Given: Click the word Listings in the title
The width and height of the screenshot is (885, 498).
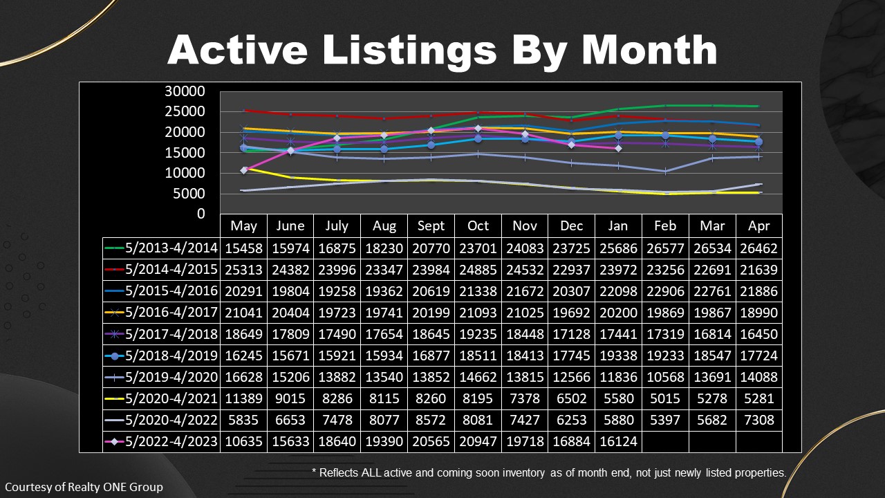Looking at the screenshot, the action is tap(409, 51).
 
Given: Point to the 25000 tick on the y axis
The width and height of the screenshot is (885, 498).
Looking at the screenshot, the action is tap(185, 111).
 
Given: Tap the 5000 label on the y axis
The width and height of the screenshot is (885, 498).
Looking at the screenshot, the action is tap(189, 194).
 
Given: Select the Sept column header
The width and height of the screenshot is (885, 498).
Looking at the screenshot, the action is tap(431, 225).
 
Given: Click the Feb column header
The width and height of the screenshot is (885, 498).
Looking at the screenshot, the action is tap(665, 225).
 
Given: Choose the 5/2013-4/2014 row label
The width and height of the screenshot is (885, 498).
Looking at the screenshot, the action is tap(171, 248).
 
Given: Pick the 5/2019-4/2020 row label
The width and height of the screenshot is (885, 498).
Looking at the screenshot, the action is tap(171, 377).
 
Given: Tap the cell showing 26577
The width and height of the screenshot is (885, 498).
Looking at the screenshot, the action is tap(665, 248).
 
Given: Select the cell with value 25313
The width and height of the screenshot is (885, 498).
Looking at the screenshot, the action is tap(243, 270).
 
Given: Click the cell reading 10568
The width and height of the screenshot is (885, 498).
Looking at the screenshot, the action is tap(665, 377).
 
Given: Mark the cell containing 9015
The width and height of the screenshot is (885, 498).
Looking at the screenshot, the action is tap(290, 398).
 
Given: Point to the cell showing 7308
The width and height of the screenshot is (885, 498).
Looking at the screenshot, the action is tap(759, 420).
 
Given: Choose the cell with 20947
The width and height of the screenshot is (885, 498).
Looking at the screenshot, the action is tap(478, 441).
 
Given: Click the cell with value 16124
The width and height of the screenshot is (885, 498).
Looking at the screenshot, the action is tap(618, 441).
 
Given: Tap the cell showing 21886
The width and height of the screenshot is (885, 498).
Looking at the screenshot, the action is tap(759, 291).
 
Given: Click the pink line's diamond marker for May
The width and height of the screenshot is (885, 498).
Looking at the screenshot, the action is tap(244, 170).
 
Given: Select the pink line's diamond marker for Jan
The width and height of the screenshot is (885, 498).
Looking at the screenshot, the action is tap(618, 148).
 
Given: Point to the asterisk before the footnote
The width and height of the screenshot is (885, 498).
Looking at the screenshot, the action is tap(314, 471).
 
